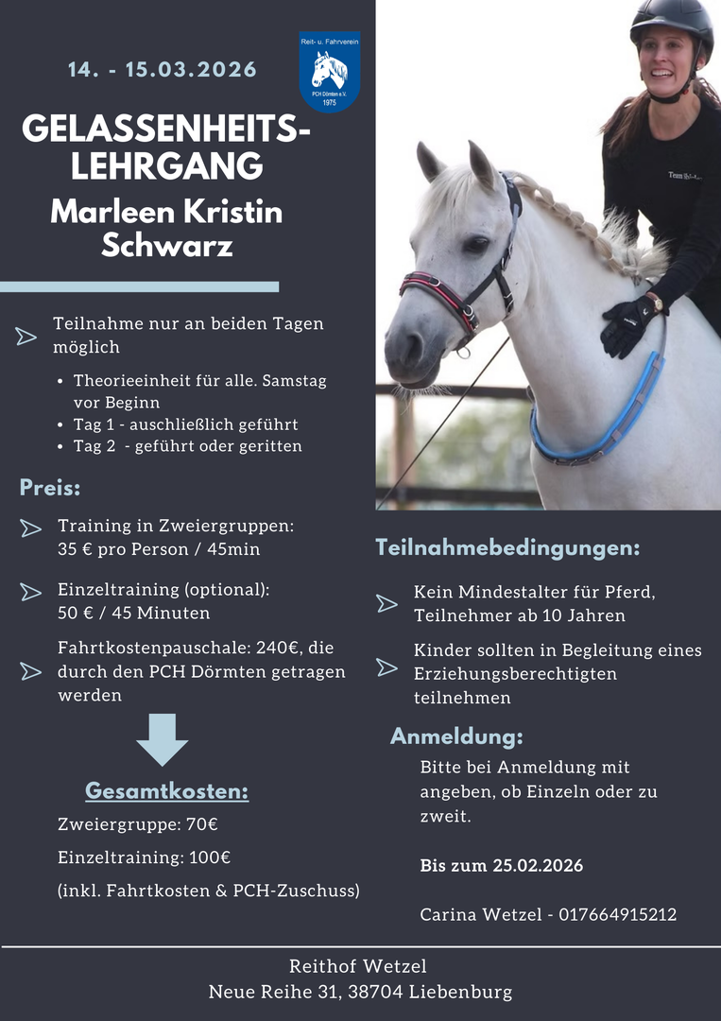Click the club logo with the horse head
pos(329,72)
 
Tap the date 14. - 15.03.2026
pos(163,70)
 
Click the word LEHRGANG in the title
pos(166,165)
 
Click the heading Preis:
pos(50,489)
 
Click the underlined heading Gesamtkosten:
pos(166,791)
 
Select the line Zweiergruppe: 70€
pos(138,824)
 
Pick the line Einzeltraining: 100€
pos(145,857)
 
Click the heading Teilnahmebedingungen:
pos(507,547)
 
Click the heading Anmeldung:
pos(456,736)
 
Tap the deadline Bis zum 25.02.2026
pos(502,866)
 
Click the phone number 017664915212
pos(617,914)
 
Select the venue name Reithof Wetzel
pos(358,966)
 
